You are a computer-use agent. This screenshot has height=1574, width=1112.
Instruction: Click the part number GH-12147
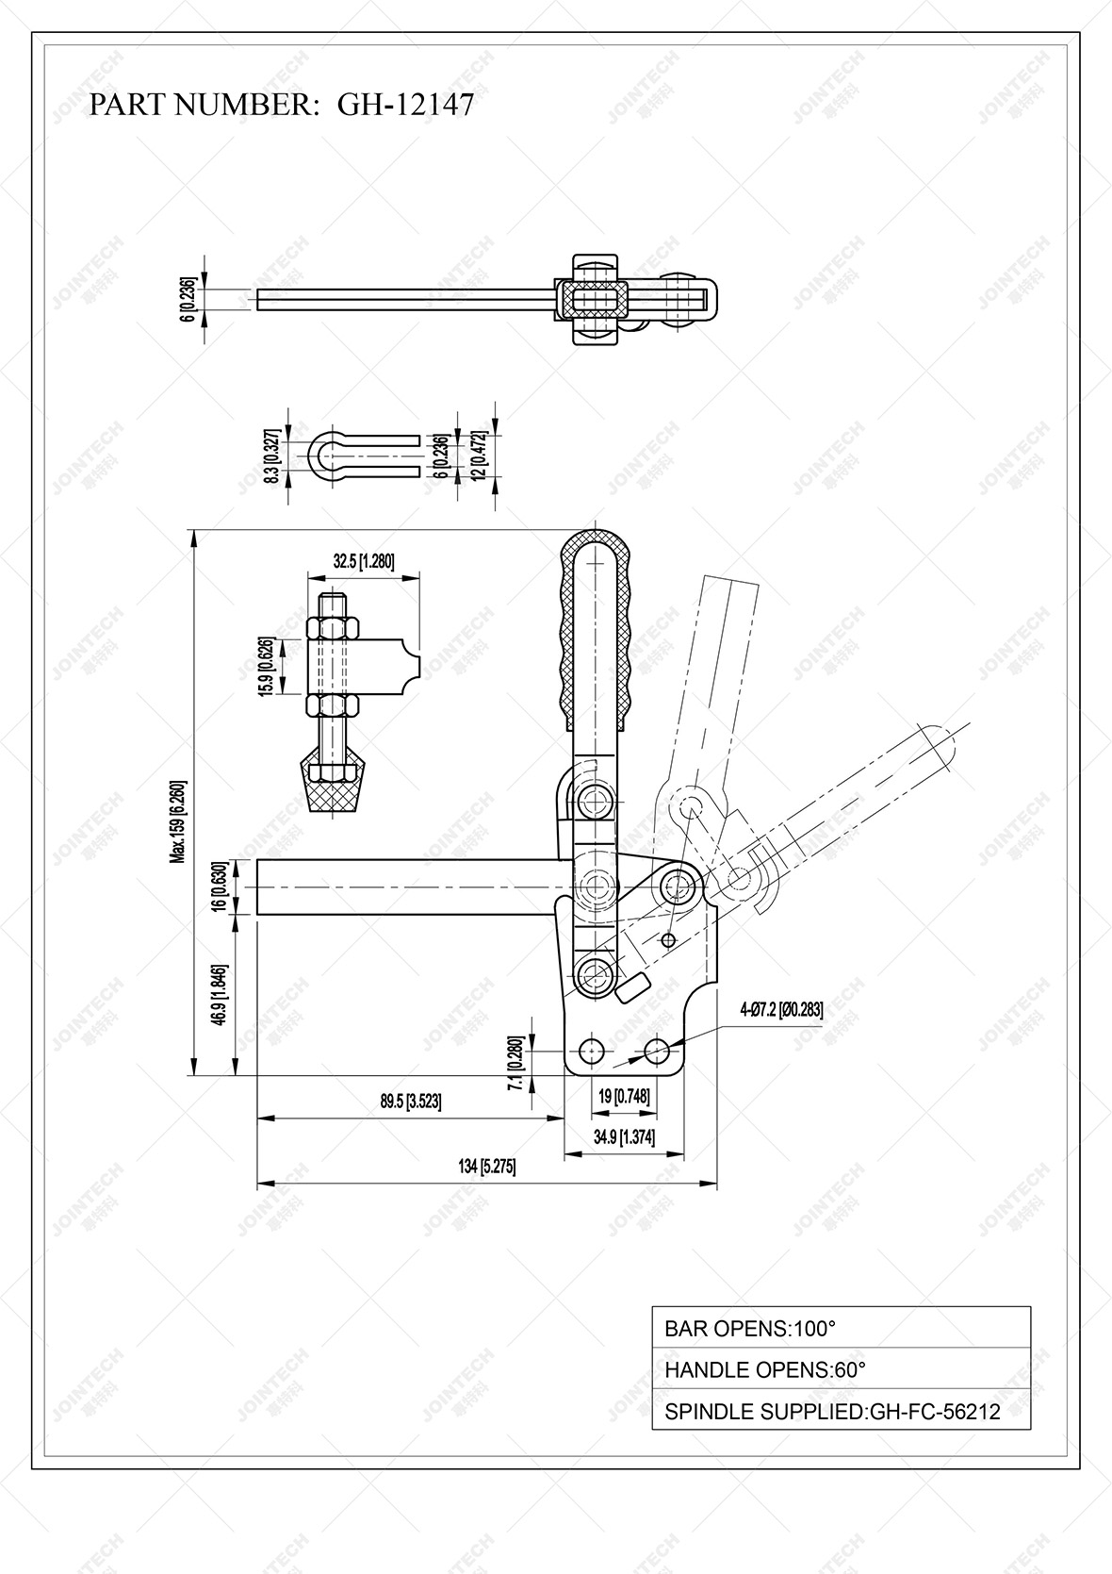coord(405,105)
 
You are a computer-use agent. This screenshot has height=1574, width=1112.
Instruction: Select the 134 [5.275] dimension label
coord(486,1167)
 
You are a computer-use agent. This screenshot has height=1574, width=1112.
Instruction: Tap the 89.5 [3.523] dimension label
coord(410,1101)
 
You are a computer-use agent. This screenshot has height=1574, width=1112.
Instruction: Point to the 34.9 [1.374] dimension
coord(624,1136)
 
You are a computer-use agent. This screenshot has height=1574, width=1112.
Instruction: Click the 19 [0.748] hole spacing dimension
coord(624,1096)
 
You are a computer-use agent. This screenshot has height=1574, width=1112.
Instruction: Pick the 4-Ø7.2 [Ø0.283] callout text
coord(781,1009)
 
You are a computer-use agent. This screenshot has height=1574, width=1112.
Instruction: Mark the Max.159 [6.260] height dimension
coord(177,821)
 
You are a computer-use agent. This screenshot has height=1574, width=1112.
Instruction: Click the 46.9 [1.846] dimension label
coord(219,996)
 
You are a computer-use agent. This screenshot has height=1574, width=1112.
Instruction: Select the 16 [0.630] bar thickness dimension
coord(219,886)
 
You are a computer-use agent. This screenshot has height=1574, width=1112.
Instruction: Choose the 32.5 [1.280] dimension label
coord(363,561)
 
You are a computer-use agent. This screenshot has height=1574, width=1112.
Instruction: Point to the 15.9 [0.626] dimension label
coord(268,666)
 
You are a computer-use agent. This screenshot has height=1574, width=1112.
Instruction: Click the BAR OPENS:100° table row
coord(841,1328)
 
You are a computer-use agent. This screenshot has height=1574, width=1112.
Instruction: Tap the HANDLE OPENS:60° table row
coord(841,1369)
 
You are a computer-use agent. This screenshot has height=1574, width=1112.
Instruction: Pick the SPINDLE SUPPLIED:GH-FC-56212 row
coord(841,1412)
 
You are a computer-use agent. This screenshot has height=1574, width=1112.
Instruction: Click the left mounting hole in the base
coord(593,1050)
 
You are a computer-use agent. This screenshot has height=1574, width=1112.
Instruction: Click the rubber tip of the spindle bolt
coord(334,789)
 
